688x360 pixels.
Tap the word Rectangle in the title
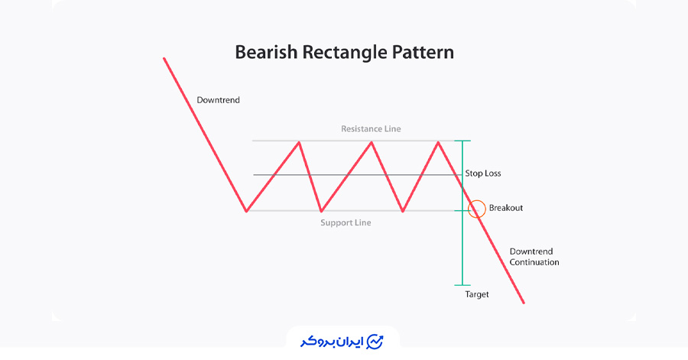coord(345,53)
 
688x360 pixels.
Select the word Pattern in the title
coord(423,52)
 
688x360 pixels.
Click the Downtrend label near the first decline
coord(218,100)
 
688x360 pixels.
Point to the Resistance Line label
coord(371,129)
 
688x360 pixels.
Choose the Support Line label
coord(346,222)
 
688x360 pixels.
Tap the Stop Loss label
coord(483,174)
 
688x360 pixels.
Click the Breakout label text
coord(506,208)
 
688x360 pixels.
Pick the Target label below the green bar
coord(477,294)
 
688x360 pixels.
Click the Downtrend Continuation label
coord(534,257)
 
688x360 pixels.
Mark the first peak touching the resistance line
coord(299,142)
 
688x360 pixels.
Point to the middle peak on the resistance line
coord(372,142)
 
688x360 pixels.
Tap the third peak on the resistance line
coord(438,142)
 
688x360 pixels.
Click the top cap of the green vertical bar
coord(462,141)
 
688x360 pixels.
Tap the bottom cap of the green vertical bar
coord(462,285)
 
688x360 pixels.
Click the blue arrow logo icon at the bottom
coord(375,342)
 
